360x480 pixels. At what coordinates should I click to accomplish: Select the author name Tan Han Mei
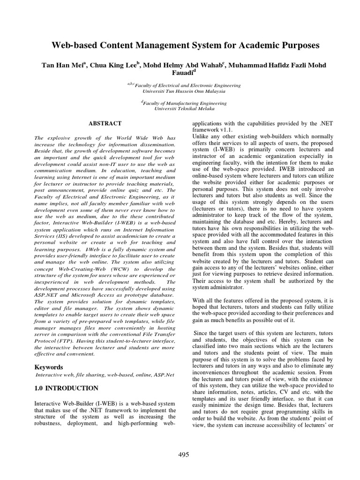pos(62,65)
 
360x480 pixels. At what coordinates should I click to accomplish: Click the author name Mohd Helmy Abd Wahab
pos(185,65)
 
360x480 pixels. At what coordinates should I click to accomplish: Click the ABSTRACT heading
pos(105,124)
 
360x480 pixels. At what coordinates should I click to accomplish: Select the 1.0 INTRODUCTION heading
pos(67,388)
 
